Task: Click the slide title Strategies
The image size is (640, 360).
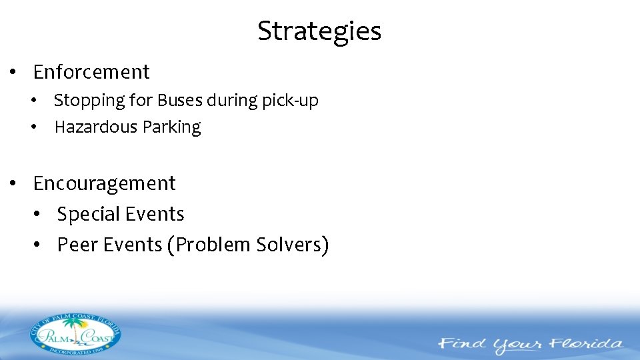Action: click(x=319, y=31)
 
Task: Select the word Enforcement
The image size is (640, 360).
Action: click(x=91, y=72)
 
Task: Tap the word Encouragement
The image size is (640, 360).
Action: click(x=104, y=183)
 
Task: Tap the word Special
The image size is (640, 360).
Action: click(x=89, y=215)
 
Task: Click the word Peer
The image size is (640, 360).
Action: click(x=75, y=245)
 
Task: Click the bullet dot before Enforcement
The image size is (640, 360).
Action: click(x=13, y=72)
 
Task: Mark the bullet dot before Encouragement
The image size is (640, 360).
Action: click(x=13, y=183)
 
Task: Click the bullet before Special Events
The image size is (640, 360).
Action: click(x=37, y=215)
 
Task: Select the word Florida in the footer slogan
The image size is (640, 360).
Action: click(x=587, y=345)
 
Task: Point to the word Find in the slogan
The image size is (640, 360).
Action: click(x=462, y=345)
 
